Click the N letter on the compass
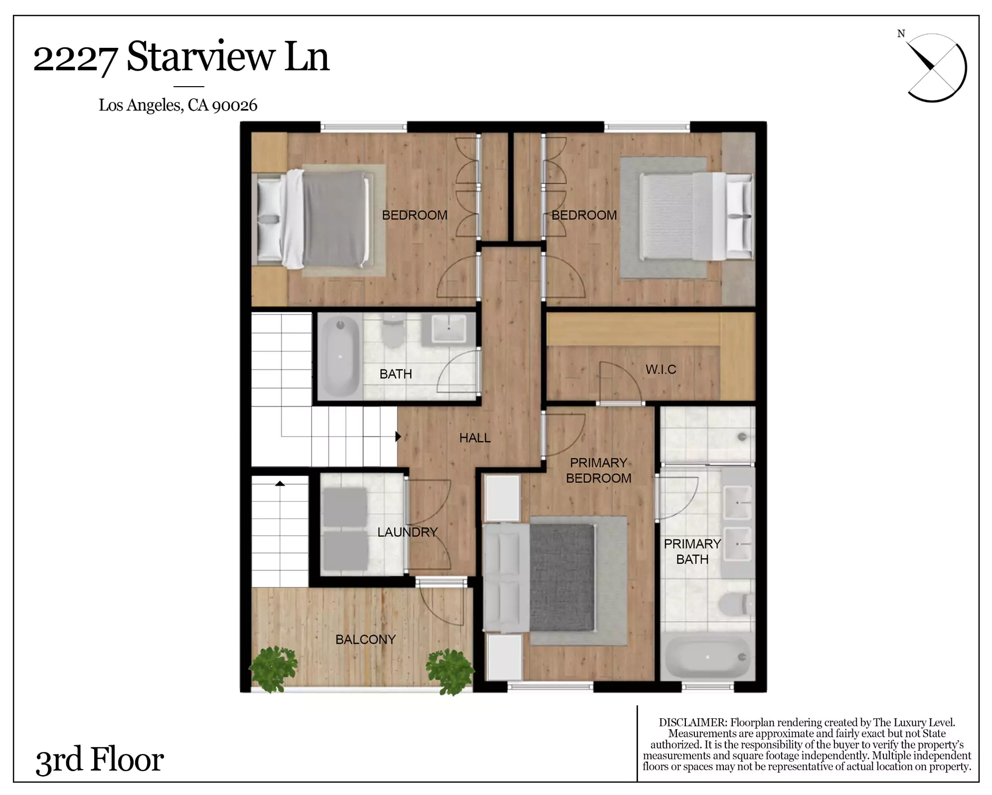[901, 34]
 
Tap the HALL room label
[475, 438]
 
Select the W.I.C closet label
[661, 369]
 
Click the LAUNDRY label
[407, 532]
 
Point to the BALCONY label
[365, 639]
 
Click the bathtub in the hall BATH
[340, 356]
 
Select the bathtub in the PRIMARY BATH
[708, 657]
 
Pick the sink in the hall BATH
[448, 329]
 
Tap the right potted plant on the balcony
[450, 671]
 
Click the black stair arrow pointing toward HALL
[398, 436]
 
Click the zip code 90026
[234, 105]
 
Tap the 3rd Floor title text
[100, 759]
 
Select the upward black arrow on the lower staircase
[280, 483]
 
